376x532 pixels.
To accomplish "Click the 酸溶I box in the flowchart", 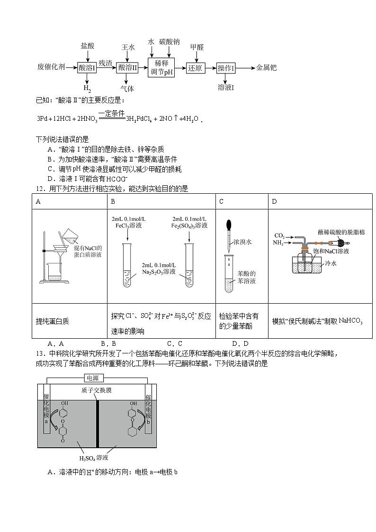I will (x=87, y=68).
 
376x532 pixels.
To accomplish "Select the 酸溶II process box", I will (x=127, y=68).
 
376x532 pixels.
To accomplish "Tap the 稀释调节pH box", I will (x=161, y=68).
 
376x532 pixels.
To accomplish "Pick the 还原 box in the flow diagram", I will (x=195, y=68).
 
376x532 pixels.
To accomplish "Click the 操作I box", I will (x=226, y=68).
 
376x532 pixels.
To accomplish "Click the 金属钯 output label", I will (x=266, y=67).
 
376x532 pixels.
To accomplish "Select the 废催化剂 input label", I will (x=51, y=67).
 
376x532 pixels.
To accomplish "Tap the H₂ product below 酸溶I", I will (x=87, y=88).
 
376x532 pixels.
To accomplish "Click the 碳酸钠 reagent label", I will (x=170, y=42).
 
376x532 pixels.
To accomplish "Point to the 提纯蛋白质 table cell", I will (x=52, y=321).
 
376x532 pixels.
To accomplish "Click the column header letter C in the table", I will (x=221, y=202).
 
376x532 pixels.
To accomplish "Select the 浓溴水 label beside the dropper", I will (x=242, y=242).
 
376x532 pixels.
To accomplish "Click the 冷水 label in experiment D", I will (x=330, y=263).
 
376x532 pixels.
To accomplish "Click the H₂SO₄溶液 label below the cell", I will (x=94, y=458).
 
